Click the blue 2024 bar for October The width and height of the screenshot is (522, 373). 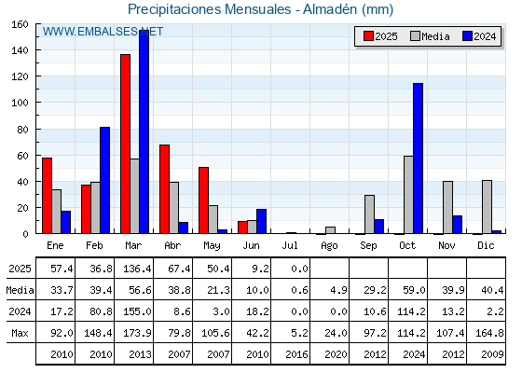(419, 159)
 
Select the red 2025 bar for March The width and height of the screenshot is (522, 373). (126, 144)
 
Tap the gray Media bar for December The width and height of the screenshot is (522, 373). (487, 207)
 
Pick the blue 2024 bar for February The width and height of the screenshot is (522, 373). (104, 180)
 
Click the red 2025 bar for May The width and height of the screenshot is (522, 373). (204, 200)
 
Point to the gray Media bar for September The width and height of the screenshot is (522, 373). (369, 214)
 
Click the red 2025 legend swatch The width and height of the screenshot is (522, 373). (368, 36)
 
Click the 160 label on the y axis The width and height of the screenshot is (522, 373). (20, 24)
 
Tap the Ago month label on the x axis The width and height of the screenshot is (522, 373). (329, 246)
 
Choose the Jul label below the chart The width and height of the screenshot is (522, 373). (290, 245)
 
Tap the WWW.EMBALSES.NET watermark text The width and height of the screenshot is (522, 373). (103, 32)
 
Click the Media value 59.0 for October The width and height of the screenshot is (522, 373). (414, 290)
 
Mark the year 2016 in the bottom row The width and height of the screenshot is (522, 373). (296, 354)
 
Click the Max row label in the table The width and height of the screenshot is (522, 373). (20, 333)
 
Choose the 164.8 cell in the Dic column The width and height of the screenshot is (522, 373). (489, 333)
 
